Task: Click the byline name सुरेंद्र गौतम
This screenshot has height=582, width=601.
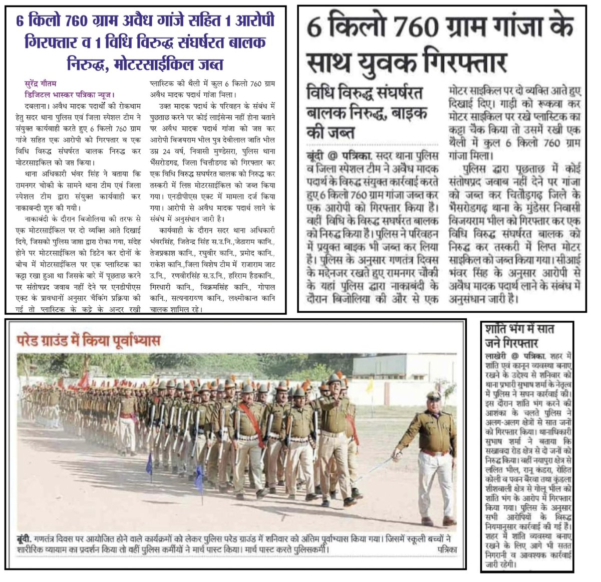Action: tap(41, 84)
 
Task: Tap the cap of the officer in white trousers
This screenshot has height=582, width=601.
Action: tap(434, 395)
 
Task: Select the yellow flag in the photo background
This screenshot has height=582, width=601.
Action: tap(370, 385)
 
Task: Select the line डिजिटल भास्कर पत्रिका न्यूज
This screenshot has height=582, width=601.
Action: tap(70, 94)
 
